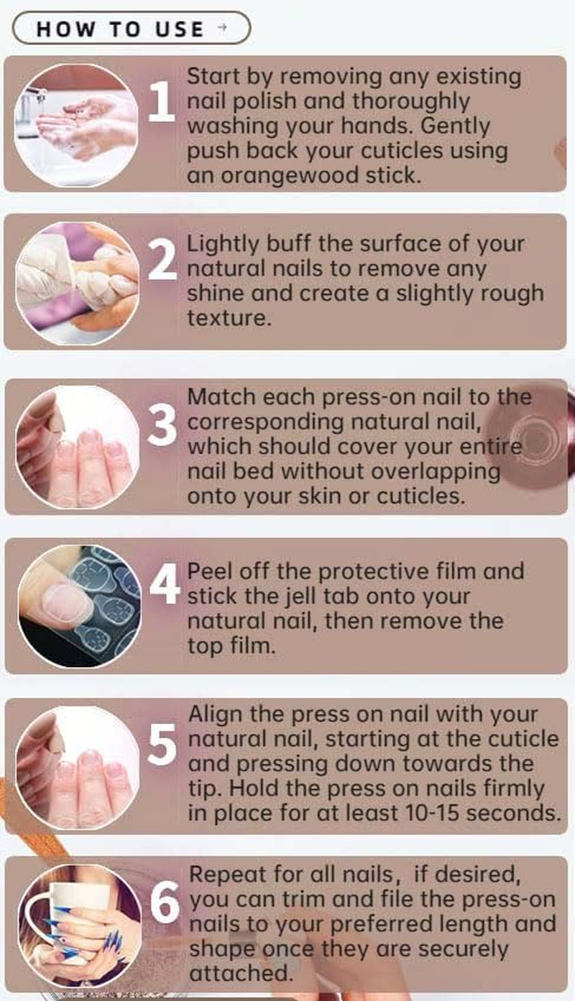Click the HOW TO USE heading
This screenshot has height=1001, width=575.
[x=120, y=29]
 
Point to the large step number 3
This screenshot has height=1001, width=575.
[x=162, y=428]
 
